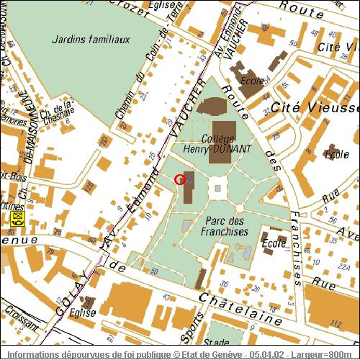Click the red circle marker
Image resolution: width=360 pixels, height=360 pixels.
pyautogui.click(x=180, y=180)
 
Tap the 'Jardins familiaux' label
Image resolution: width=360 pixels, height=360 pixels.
pyautogui.click(x=91, y=40)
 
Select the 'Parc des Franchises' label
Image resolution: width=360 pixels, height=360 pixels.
pyautogui.click(x=226, y=226)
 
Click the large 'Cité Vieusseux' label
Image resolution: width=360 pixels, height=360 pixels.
pyautogui.click(x=315, y=108)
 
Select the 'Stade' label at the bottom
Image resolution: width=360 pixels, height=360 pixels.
pyautogui.click(x=217, y=343)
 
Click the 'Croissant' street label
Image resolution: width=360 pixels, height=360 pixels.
pyautogui.click(x=19, y=315)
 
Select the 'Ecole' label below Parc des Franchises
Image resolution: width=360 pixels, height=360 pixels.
pyautogui.click(x=273, y=243)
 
